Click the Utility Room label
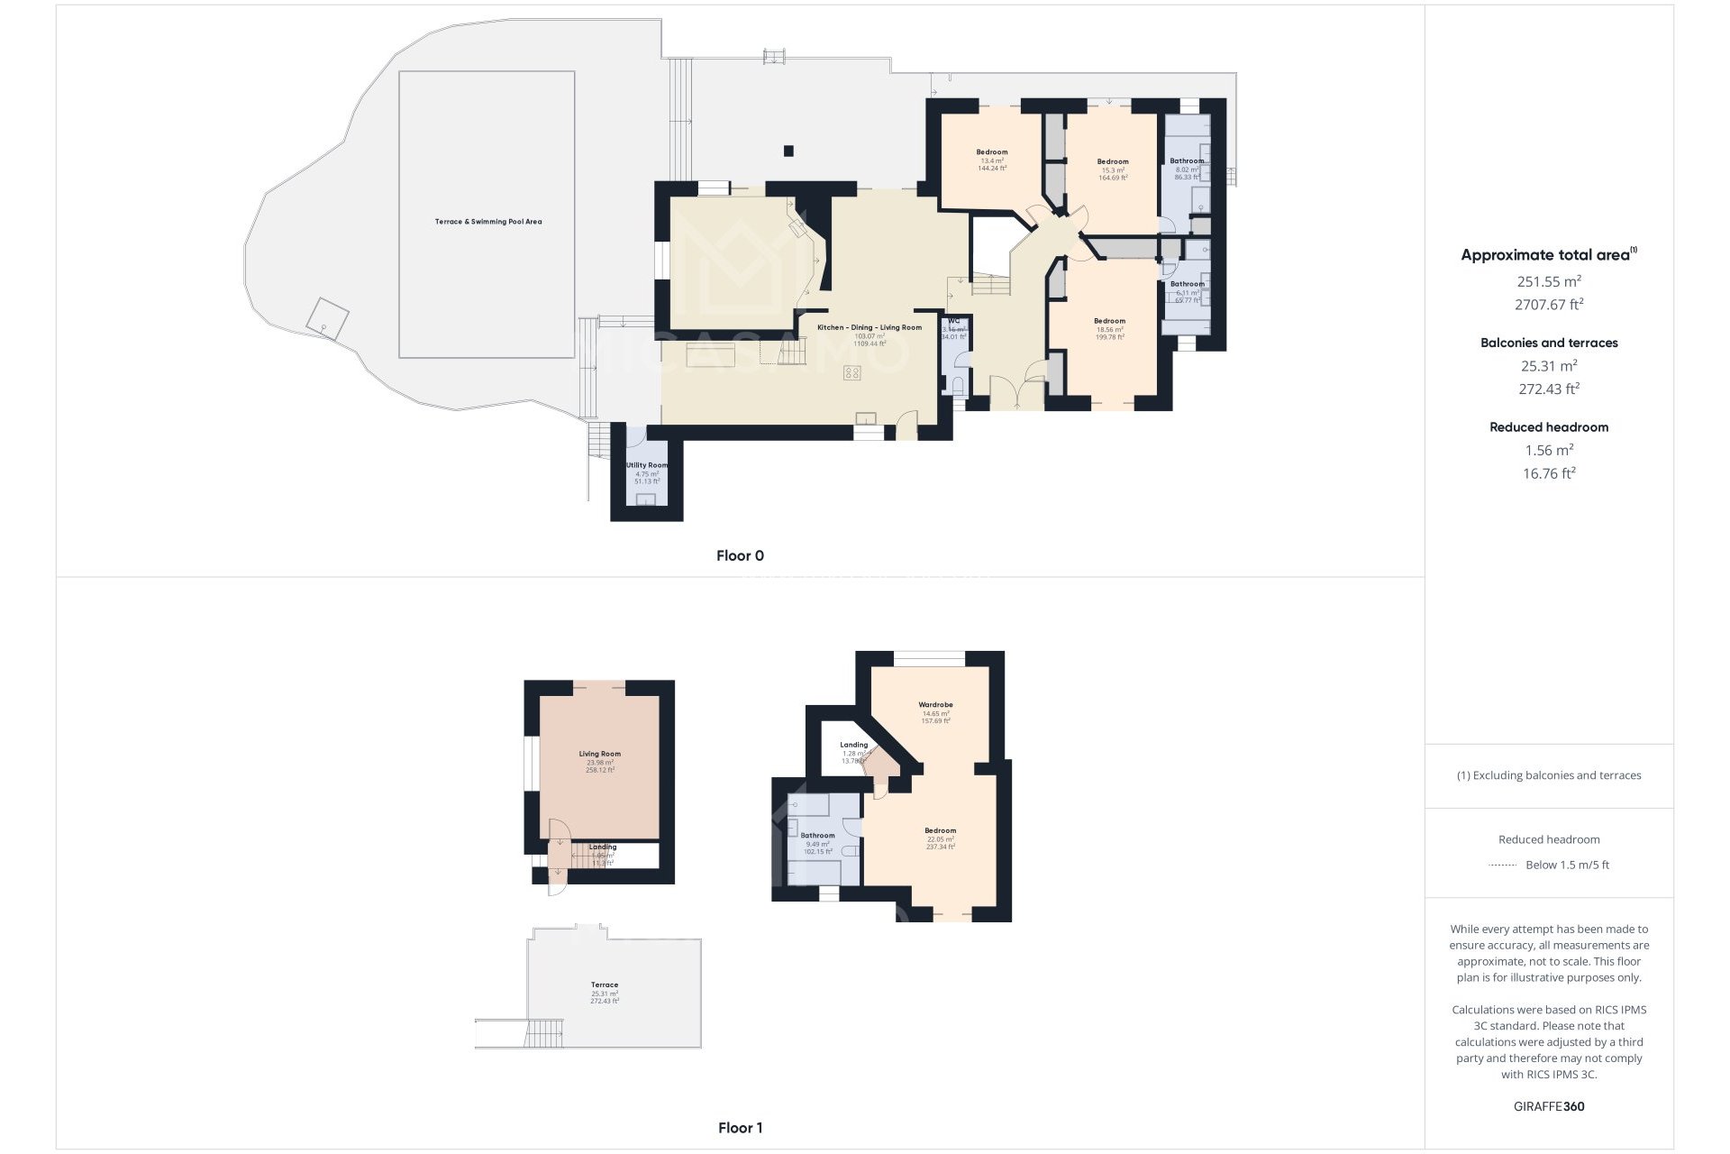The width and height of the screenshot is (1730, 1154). coord(647,466)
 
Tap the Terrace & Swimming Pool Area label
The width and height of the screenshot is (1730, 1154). coord(488,222)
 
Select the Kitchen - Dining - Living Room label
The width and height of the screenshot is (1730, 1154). coord(870,327)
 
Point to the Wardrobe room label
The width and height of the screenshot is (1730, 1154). coord(935,705)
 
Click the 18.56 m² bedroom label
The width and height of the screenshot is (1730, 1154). coord(1109,322)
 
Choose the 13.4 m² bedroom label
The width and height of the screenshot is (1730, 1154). coord(992,152)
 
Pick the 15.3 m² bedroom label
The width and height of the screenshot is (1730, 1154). coord(1113,162)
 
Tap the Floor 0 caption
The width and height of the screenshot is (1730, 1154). coord(740,555)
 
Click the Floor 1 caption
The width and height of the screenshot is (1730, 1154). coord(740,1128)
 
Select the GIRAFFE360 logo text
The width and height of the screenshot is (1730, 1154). coord(1549,1106)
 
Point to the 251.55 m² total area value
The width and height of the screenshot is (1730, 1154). coord(1549,281)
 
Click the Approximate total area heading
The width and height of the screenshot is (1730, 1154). coord(1546,255)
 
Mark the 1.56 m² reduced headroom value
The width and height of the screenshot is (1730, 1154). coord(1549,450)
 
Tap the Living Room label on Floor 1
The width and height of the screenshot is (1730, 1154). coord(599,755)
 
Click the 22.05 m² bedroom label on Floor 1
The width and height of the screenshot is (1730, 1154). coord(940,831)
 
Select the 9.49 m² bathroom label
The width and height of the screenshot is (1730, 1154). coord(817,836)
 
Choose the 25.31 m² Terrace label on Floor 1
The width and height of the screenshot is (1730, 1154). coord(605,985)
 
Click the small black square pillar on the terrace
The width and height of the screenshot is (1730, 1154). coord(789,151)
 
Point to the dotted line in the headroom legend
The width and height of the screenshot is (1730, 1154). coord(1503,865)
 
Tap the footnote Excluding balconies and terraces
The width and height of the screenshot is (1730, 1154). coord(1549,775)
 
